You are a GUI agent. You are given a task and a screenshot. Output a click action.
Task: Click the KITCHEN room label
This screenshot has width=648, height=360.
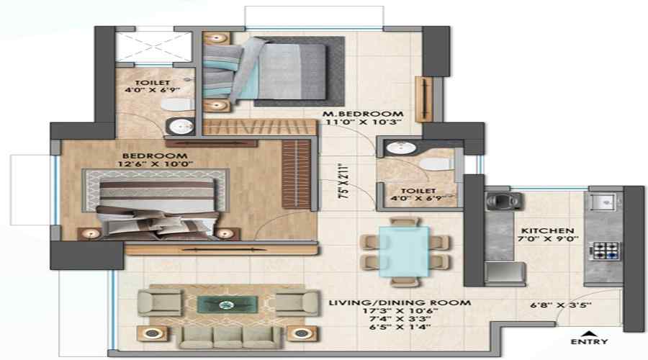(x=548, y=230)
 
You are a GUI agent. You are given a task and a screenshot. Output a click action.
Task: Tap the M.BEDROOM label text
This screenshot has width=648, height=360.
(x=363, y=114)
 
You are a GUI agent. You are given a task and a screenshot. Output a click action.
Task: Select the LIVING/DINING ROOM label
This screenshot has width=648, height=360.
(x=400, y=302)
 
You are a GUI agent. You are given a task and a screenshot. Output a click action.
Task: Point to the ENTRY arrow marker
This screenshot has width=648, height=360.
(x=589, y=333)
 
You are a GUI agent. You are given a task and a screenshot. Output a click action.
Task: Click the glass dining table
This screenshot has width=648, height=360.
(x=403, y=251)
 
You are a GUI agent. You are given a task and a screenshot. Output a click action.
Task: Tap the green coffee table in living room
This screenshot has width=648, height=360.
(x=228, y=305)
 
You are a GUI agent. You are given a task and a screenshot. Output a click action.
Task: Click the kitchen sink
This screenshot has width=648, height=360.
(x=604, y=202)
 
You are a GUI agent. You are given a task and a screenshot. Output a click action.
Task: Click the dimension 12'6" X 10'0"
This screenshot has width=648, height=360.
(x=155, y=164)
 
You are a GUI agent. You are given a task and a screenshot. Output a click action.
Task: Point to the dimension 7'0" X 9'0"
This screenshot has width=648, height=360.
(x=548, y=239)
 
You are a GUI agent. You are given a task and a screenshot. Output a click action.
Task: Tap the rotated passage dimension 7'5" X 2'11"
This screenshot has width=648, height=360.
(x=343, y=182)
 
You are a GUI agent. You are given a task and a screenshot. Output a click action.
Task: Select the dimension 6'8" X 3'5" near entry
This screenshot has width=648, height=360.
(x=560, y=305)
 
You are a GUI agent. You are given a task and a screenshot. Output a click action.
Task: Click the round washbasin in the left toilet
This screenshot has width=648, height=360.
(x=181, y=126)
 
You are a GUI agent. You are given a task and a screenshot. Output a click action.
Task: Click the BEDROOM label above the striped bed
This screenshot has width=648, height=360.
(x=155, y=156)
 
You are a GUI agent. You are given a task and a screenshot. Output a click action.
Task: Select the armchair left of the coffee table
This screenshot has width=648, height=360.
(x=160, y=302)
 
